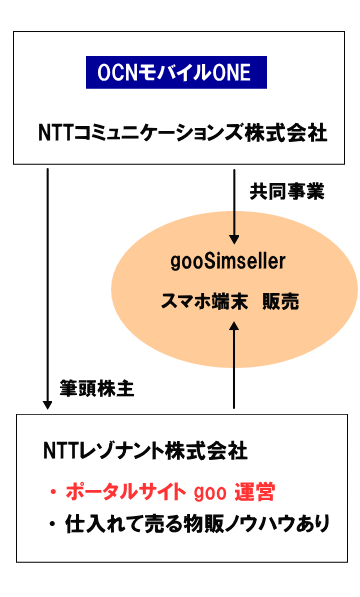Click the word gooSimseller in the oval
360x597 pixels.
(x=229, y=262)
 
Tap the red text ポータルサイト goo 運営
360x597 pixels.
(x=169, y=491)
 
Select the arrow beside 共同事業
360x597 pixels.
(x=234, y=206)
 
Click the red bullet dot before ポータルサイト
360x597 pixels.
(x=53, y=492)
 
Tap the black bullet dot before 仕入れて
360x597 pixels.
(x=53, y=523)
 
